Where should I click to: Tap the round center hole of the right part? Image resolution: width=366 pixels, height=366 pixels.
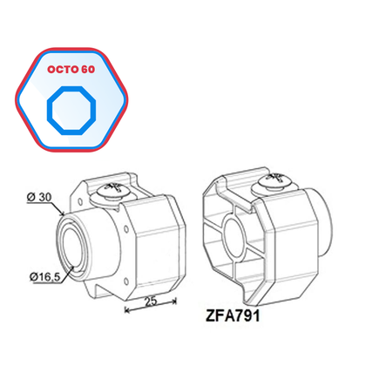234,235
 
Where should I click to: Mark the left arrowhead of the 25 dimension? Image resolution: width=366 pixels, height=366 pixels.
127,308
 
